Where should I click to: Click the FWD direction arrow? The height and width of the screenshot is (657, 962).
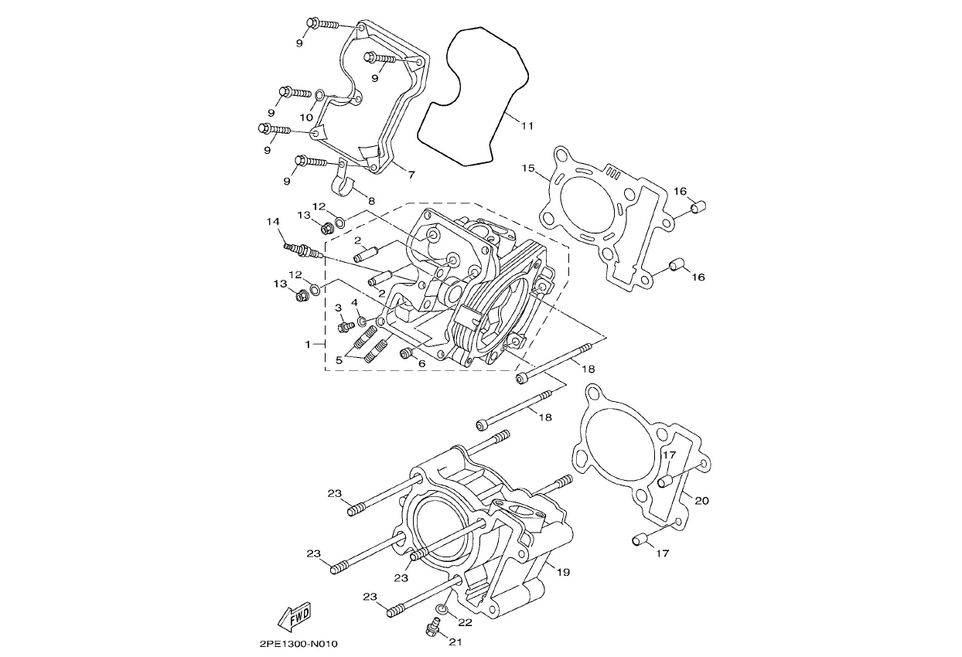point(295,616)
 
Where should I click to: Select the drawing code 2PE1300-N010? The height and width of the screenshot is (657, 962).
point(298,644)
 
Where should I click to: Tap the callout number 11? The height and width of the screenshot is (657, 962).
point(527,126)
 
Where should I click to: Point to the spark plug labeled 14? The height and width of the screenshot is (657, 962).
point(303,250)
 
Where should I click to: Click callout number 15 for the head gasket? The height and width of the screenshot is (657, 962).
point(528,168)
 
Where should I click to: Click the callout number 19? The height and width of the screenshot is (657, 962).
point(563,572)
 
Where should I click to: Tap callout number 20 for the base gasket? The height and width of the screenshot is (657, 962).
point(701,500)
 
